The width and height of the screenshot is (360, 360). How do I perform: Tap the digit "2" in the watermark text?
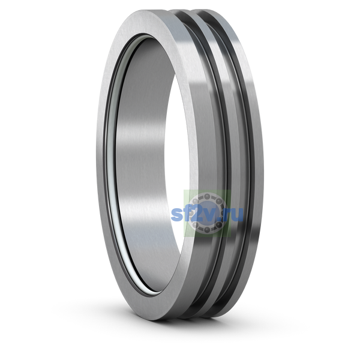click(197, 214)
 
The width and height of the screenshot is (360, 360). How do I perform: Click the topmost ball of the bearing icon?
click(207, 197)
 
